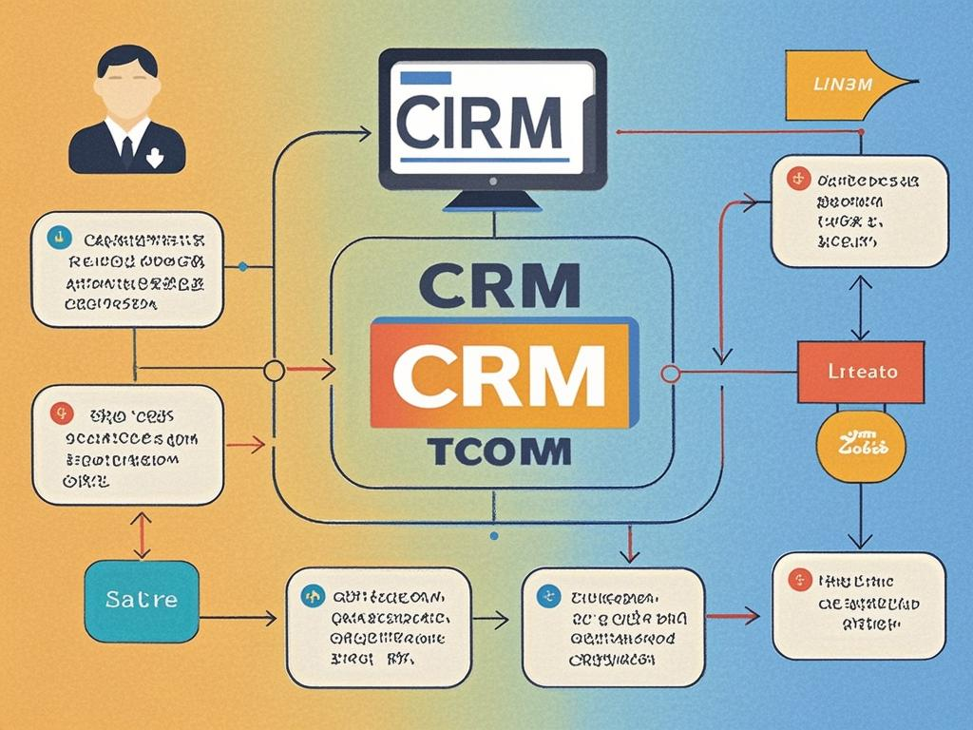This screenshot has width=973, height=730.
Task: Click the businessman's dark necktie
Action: coord(126,149)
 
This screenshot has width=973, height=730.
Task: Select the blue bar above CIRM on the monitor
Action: coord(426,78)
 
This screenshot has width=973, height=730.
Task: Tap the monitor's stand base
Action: coord(493,202)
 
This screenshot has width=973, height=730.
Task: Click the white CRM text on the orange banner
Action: coord(500,372)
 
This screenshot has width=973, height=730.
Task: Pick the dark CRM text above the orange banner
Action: coord(500,283)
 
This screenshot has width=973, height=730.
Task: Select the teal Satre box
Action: coord(142,601)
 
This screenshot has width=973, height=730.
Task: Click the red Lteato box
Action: coord(860,372)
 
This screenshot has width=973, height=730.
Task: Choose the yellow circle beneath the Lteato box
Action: coord(861,445)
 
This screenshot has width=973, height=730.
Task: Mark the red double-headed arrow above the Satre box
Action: coord(141,535)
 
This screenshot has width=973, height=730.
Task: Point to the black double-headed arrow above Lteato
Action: coord(860,306)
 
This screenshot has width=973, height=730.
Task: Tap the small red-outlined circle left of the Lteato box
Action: coord(670,373)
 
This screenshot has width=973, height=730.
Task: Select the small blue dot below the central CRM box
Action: coord(493,536)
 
